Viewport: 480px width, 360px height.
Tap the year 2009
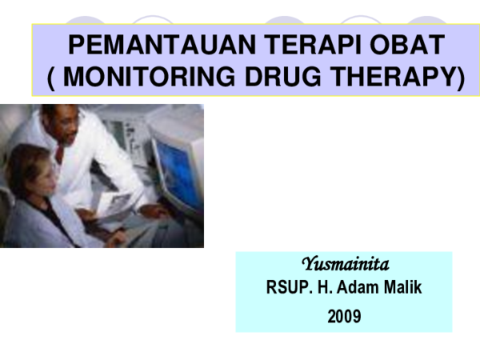coord(344,317)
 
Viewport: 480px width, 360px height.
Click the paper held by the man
coord(119,204)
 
